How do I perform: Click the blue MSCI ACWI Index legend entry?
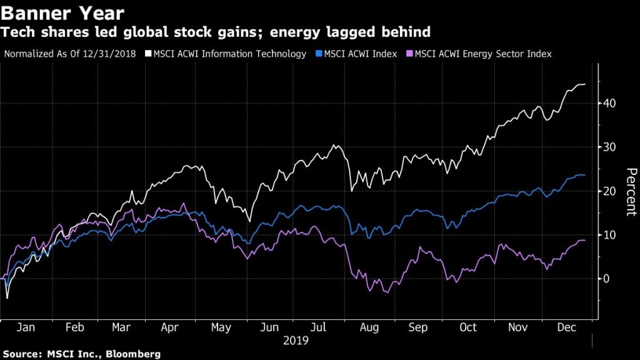(359, 54)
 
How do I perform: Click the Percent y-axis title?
(631, 191)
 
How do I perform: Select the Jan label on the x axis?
(24, 327)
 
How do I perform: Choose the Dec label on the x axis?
(566, 327)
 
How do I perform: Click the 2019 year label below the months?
(296, 341)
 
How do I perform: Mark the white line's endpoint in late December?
(585, 84)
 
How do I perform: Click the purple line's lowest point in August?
(386, 292)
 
